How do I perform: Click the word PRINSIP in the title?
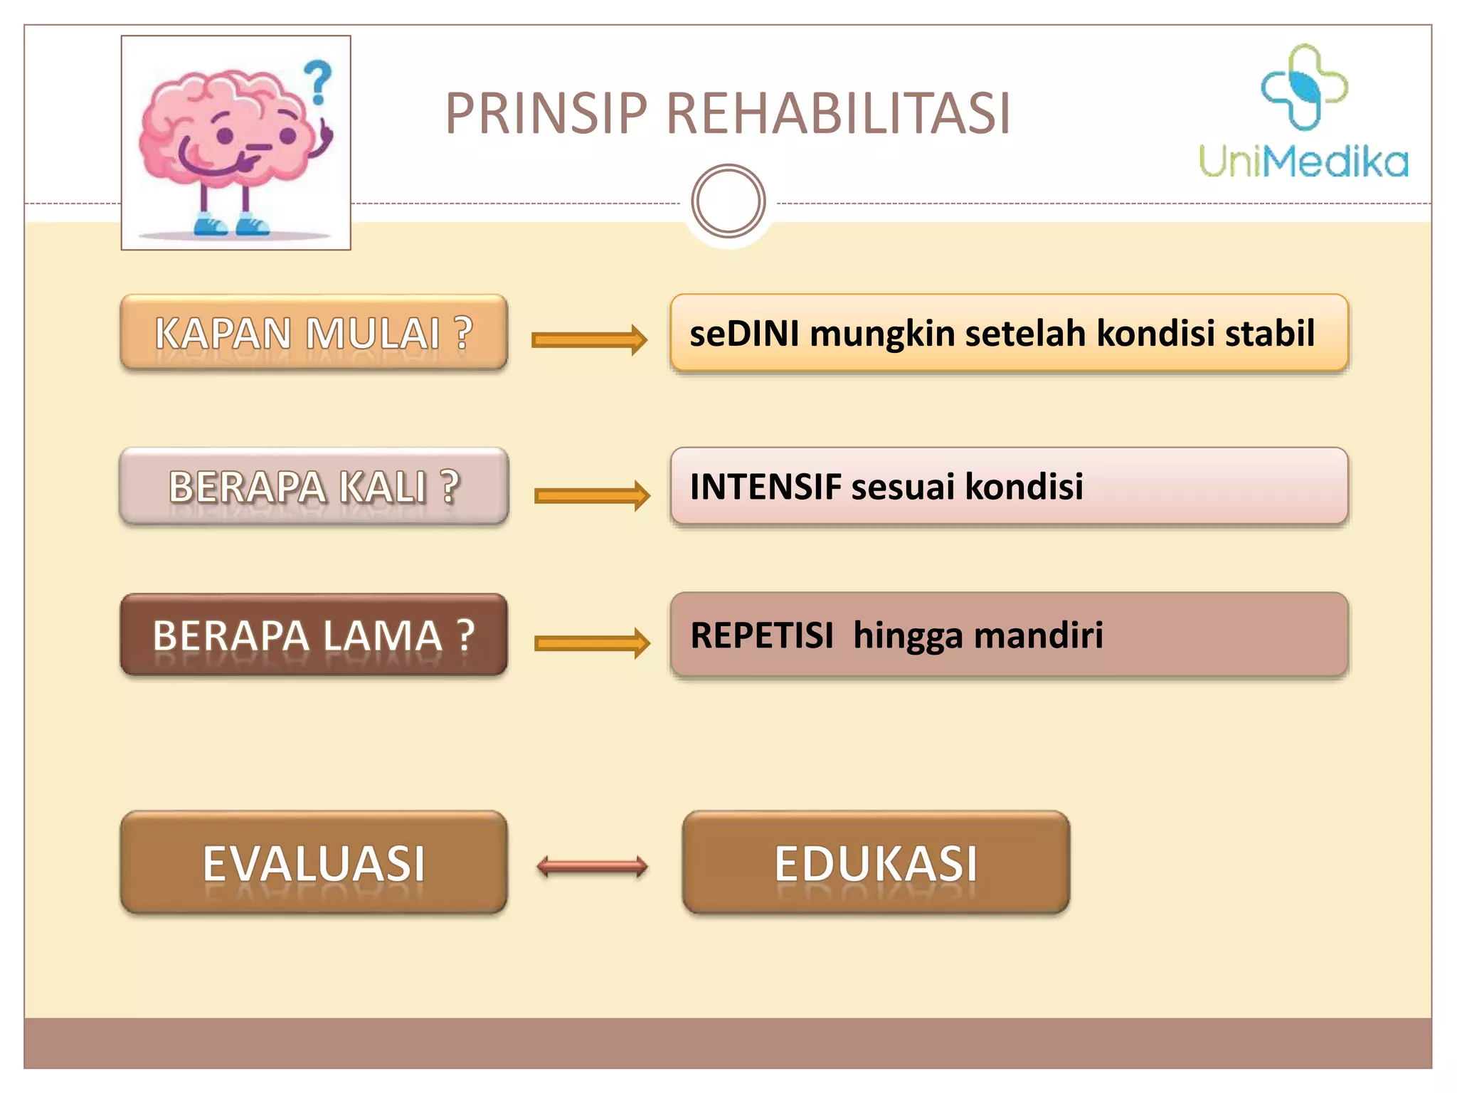tap(546, 114)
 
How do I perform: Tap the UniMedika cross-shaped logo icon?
tap(1303, 88)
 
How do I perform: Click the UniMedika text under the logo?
tap(1303, 162)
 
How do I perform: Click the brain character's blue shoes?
tap(231, 225)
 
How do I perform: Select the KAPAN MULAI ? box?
tap(314, 332)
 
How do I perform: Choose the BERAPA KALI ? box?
tap(314, 487)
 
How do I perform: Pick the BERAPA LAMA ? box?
tap(314, 635)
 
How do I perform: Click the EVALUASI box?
tap(314, 862)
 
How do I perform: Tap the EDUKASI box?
tap(876, 862)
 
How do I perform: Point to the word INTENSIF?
tap(765, 487)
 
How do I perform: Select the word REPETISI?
tap(761, 635)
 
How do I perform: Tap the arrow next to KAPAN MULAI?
tap(589, 340)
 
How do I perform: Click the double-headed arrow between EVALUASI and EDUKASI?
tap(592, 867)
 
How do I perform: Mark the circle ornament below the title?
tap(728, 201)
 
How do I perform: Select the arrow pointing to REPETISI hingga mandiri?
tap(592, 643)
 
